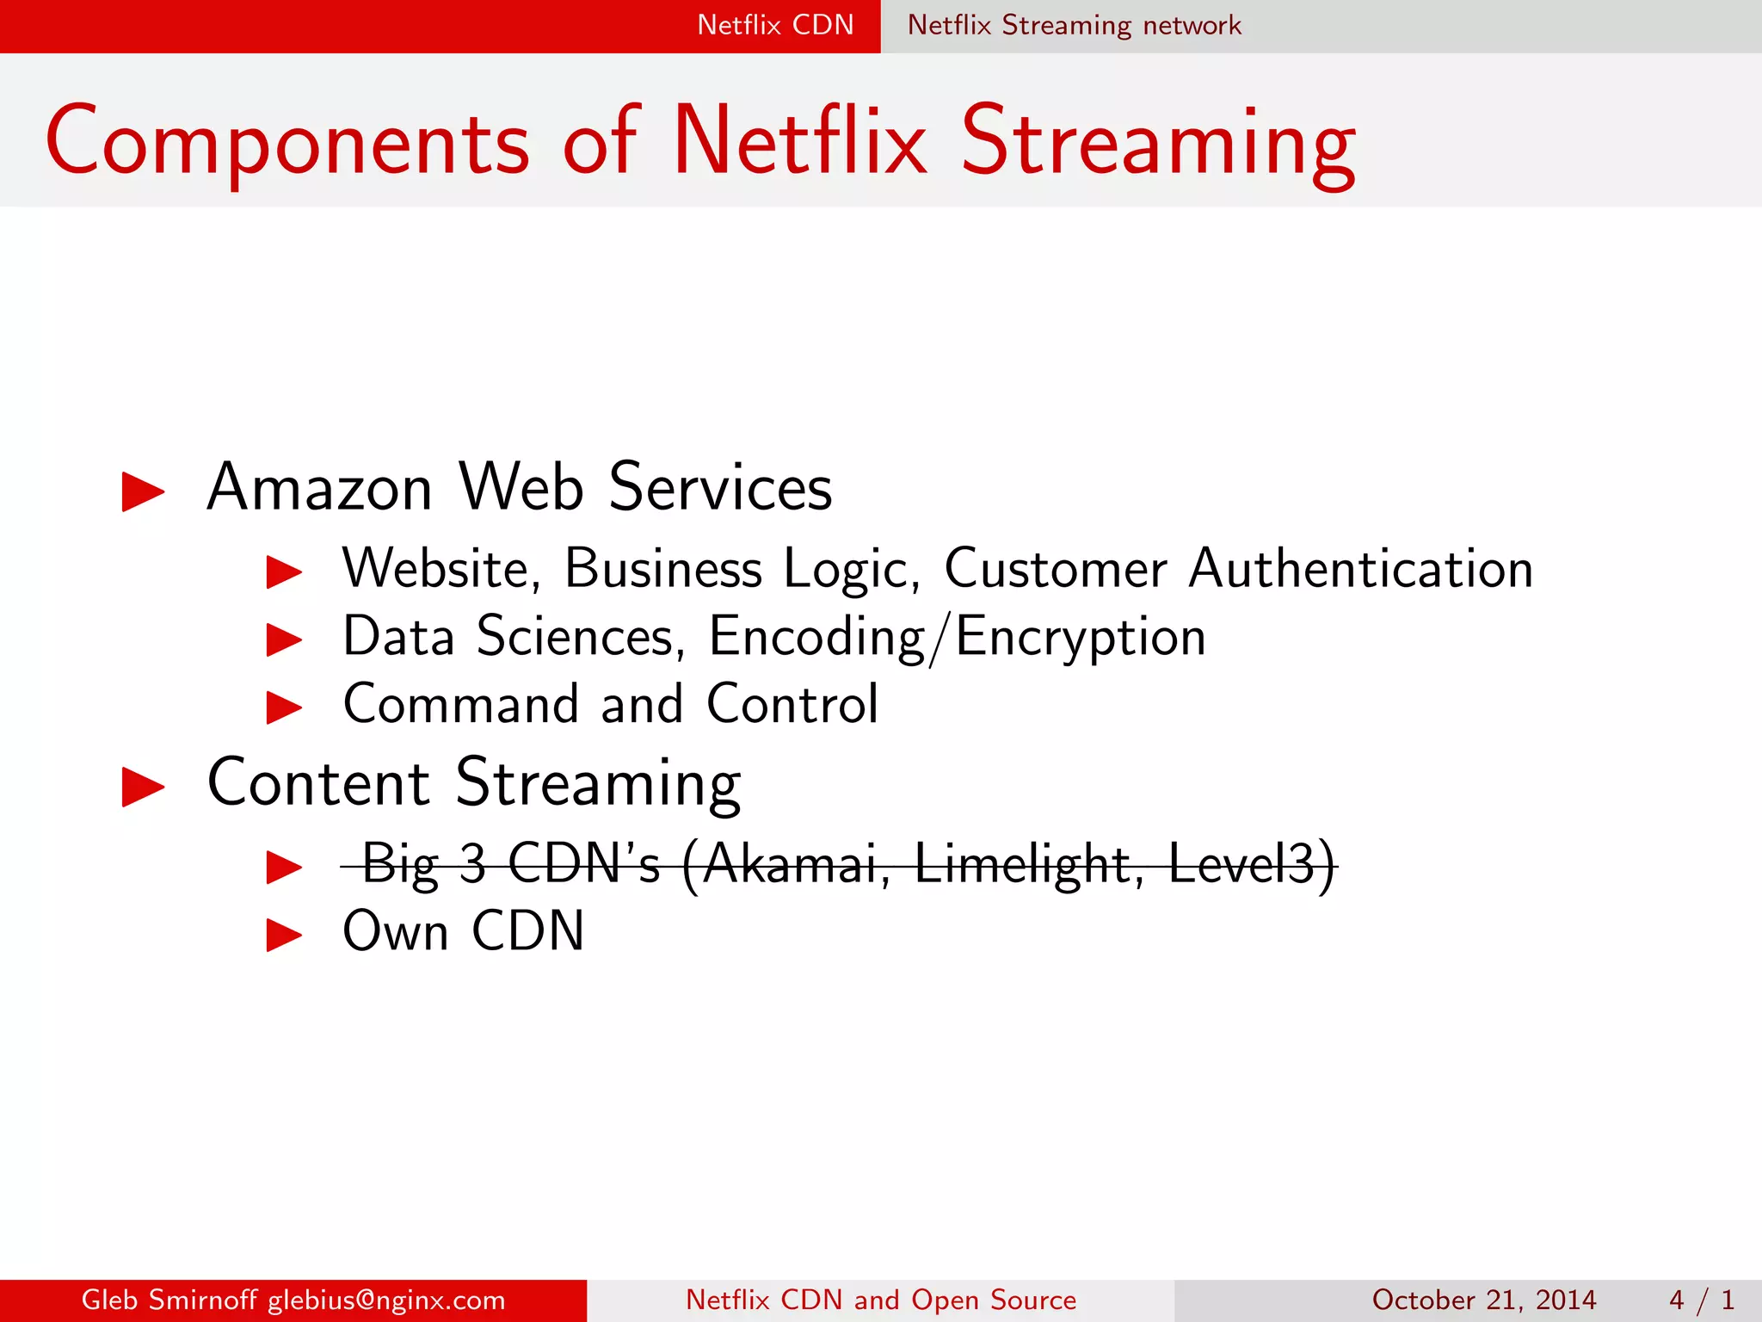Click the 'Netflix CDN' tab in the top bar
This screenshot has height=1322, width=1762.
click(x=775, y=25)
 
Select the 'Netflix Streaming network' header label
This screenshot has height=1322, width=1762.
click(x=1074, y=25)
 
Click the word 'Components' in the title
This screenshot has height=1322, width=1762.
click(x=287, y=143)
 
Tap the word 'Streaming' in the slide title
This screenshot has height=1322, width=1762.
click(x=1158, y=143)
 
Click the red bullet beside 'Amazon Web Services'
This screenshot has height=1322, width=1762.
click(x=143, y=491)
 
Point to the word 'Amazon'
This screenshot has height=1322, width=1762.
click(x=319, y=488)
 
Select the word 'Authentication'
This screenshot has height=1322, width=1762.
click(x=1360, y=569)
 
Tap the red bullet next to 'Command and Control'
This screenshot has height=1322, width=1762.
click(x=284, y=708)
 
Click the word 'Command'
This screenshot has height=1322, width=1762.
click(x=460, y=704)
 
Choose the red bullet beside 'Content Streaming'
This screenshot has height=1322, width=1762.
click(x=143, y=787)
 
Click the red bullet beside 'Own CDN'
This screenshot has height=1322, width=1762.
click(x=284, y=935)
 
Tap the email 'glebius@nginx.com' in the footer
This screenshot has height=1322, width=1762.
click(x=386, y=1300)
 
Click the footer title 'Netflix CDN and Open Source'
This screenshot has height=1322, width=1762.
click(x=881, y=1300)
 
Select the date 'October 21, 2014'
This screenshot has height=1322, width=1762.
click(x=1483, y=1300)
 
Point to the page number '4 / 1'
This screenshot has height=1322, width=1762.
click(x=1701, y=1300)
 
